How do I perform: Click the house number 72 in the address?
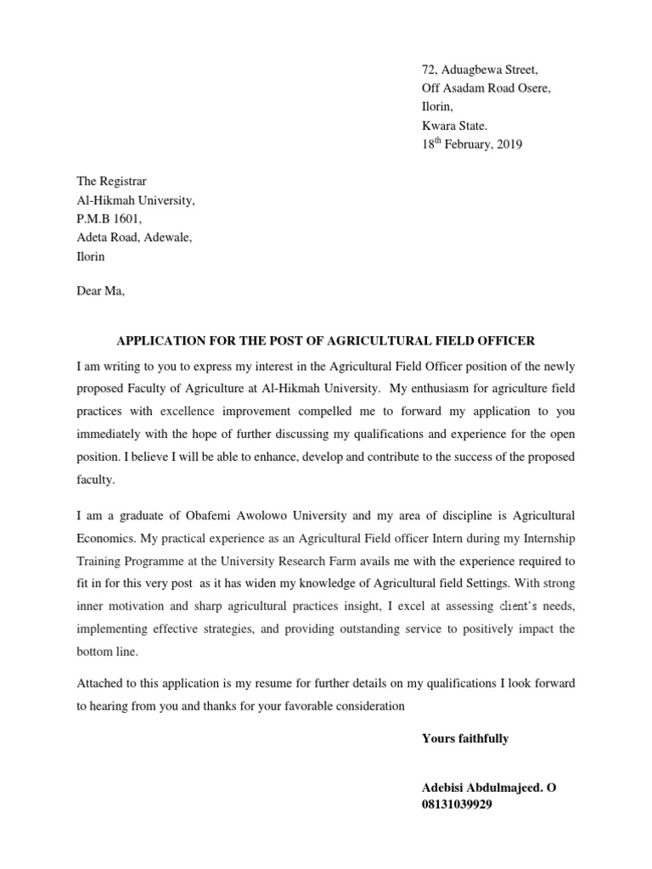pyautogui.click(x=429, y=70)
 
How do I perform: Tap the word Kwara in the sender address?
pyautogui.click(x=439, y=126)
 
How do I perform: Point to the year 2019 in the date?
pyautogui.click(x=508, y=144)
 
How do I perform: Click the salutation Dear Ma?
pyautogui.click(x=100, y=292)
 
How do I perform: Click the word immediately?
pyautogui.click(x=114, y=434)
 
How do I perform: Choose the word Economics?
pyautogui.click(x=106, y=538)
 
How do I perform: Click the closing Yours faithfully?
pyautogui.click(x=465, y=738)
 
